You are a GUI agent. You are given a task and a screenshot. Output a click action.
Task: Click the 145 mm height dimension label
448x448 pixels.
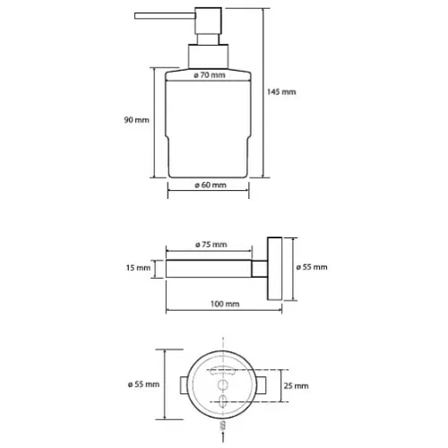[x=281, y=91]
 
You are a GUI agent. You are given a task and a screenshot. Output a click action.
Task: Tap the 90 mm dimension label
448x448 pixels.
[x=136, y=120]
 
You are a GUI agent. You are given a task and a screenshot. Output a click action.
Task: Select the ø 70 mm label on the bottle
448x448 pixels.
[x=210, y=75]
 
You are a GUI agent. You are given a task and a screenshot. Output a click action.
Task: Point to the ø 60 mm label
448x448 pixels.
[x=211, y=185]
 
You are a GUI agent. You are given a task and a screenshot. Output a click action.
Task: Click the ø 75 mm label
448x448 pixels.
[x=211, y=245]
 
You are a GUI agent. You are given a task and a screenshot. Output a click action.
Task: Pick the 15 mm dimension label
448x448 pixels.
[x=138, y=268]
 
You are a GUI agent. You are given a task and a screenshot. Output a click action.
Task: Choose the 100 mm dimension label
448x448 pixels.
[x=225, y=304]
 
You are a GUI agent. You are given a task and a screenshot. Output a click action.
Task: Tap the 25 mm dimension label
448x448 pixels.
[x=296, y=386]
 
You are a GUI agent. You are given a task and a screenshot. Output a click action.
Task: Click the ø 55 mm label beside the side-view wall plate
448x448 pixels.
[x=312, y=267]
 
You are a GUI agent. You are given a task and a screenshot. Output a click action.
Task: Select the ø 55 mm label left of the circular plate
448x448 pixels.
[x=143, y=384]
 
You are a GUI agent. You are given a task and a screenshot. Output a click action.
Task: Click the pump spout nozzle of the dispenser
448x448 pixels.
[x=165, y=16]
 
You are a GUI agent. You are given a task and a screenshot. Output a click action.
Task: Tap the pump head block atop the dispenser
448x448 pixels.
[x=209, y=21]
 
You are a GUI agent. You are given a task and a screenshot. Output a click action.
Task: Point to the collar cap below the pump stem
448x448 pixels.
[x=209, y=56]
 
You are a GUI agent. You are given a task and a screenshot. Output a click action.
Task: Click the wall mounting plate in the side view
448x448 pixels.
[x=275, y=269]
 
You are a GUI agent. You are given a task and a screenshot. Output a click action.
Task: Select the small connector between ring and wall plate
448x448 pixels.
[x=259, y=269]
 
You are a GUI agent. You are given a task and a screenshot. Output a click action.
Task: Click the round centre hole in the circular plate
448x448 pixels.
[x=222, y=385]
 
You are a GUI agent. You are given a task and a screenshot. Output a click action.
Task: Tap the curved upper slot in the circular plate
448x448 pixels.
[x=222, y=371]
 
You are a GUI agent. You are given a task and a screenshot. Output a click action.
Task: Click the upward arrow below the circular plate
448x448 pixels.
[x=223, y=432]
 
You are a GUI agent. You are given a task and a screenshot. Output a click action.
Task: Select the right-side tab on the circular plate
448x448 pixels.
[x=262, y=385]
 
